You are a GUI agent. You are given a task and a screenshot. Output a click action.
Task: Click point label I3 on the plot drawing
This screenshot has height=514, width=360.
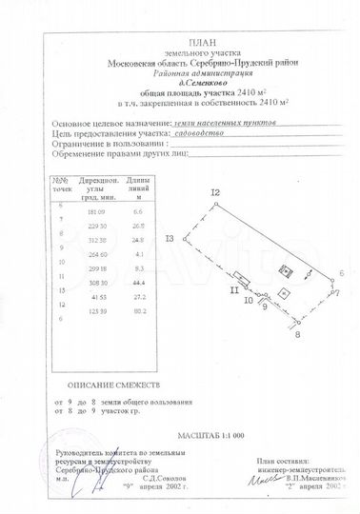pyautogui.click(x=170, y=238)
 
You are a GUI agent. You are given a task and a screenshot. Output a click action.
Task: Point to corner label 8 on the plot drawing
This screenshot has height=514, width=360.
pyautogui.click(x=297, y=335)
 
